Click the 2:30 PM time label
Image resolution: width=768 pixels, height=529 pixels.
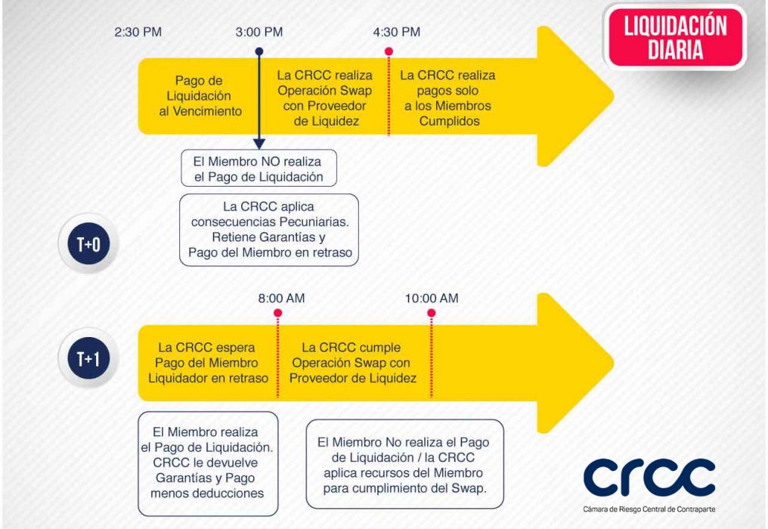pos(138,32)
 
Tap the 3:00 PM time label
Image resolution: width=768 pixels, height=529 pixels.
pos(259,32)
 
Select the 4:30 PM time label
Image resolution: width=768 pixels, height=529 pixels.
pos(397,32)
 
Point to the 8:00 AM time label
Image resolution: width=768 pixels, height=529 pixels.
pos(282,299)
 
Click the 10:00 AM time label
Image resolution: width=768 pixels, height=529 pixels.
pos(432,299)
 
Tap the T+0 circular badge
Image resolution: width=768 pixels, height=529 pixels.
pos(88,243)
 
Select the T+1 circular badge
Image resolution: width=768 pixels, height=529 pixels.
pos(88,358)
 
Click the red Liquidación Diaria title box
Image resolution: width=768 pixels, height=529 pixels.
pos(676,37)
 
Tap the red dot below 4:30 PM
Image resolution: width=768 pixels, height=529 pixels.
pos(389,51)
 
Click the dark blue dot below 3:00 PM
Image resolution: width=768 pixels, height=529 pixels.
pos(259,51)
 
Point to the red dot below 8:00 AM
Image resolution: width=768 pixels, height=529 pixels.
pos(277,313)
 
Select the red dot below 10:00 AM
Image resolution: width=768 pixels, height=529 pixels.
pos(432,313)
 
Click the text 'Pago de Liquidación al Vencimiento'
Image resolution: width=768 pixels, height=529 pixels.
pos(200,96)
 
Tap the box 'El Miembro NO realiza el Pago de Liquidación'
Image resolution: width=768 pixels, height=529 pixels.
pos(259,168)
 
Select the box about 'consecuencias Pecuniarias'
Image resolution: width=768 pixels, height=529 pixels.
pos(269,230)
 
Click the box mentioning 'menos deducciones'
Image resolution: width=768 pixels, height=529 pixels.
pos(208,463)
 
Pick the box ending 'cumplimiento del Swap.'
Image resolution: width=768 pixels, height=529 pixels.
pos(404,464)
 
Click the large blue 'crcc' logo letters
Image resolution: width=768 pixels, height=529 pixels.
pos(649,477)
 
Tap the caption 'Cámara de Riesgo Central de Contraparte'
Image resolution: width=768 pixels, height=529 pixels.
pos(649,509)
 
